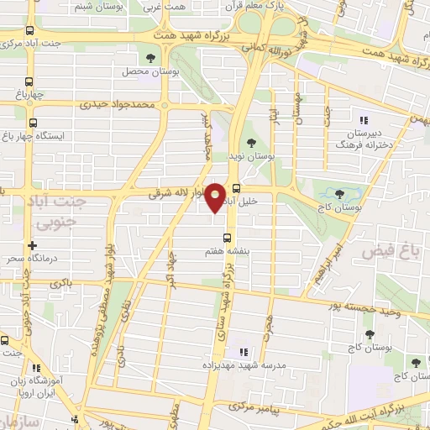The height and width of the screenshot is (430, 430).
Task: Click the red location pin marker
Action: coord(215,198)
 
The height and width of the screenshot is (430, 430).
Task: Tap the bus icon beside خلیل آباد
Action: coord(236,188)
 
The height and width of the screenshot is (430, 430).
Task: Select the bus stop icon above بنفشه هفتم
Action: coord(225,238)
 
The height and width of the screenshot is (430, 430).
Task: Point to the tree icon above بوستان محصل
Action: coord(149,58)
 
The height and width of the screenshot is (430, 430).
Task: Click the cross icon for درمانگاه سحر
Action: coord(32,246)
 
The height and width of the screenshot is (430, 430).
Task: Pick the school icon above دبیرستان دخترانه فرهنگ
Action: coord(364,119)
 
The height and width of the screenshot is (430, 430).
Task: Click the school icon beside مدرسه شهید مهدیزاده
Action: coord(244,352)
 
